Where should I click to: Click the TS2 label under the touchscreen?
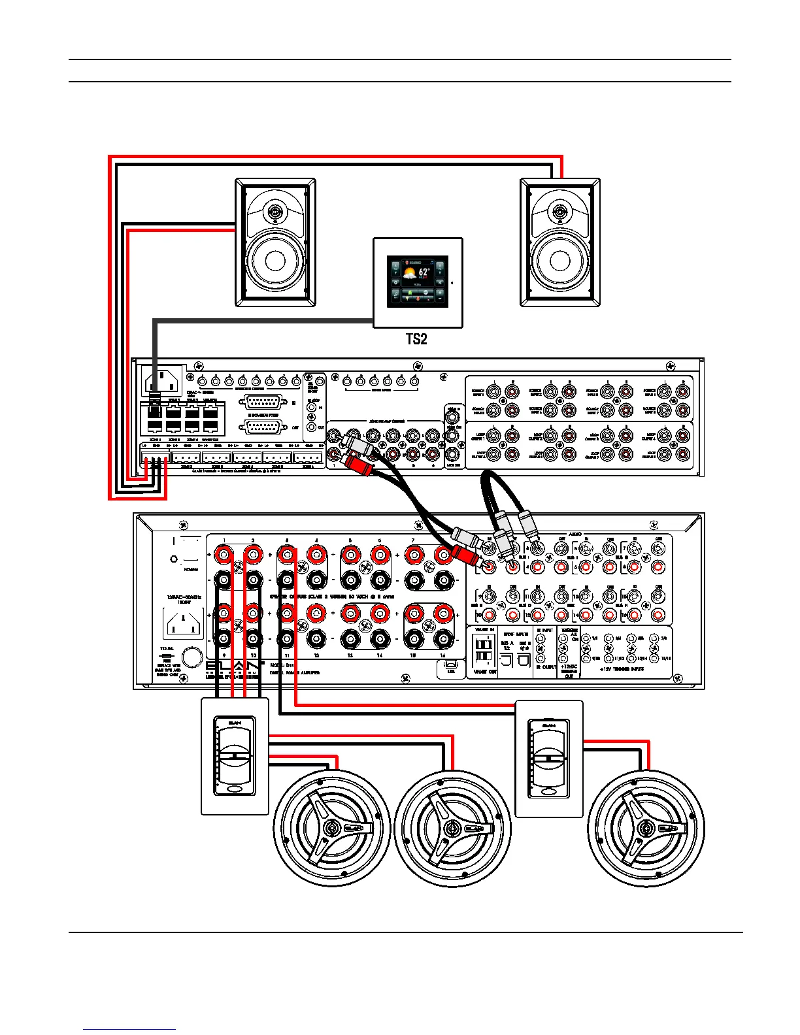click(416, 339)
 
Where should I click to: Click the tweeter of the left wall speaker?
click(275, 212)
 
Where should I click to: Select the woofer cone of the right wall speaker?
click(560, 260)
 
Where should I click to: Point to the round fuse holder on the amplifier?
click(192, 657)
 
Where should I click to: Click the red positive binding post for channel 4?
click(316, 555)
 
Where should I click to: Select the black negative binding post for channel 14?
click(380, 638)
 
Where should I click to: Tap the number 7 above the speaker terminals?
click(413, 540)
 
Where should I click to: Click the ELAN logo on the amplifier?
click(232, 666)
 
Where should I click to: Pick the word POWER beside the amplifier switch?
click(191, 569)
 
